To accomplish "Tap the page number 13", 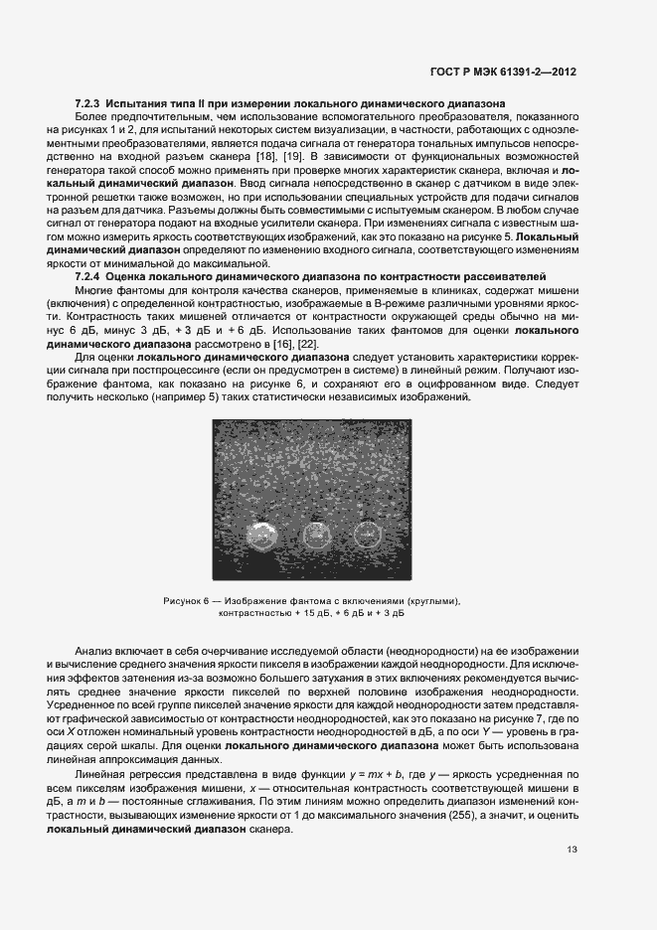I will click(571, 850).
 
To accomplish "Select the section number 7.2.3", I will click(89, 103).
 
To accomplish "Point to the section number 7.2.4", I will click(89, 275).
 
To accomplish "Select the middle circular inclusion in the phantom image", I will click(317, 537).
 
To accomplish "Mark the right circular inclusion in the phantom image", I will click(367, 537).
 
